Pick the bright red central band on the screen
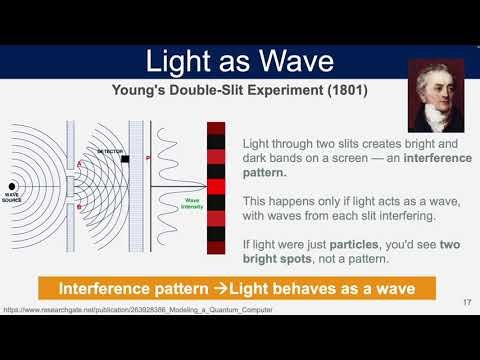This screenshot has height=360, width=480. click(x=216, y=186)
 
